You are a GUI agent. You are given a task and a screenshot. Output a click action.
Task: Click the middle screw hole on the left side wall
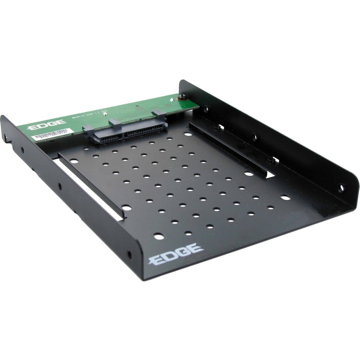tap(59, 185)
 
